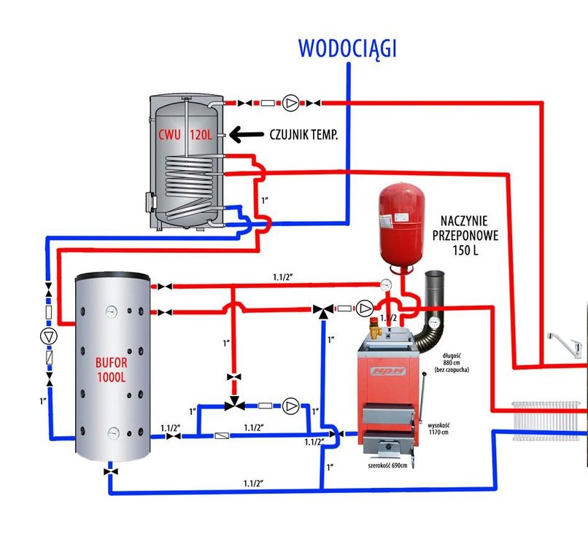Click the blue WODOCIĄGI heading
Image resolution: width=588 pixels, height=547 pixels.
pos(347,48)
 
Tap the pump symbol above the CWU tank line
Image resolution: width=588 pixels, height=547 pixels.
pos(292,102)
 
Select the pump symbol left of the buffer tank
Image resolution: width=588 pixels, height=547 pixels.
pos(48,336)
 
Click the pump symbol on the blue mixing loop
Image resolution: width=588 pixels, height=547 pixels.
pos(291,406)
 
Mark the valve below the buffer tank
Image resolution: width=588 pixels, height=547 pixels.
pos(109,473)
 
